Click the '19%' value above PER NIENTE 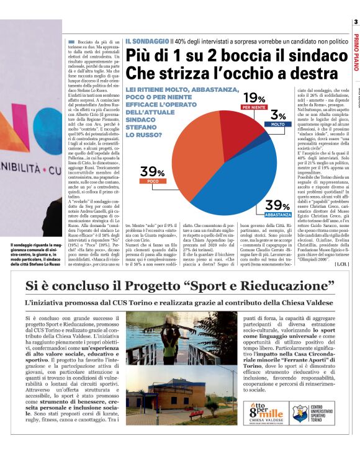point(254,98)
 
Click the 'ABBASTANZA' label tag point(277,214)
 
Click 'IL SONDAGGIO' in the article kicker point(147,40)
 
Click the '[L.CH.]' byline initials point(343,264)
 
